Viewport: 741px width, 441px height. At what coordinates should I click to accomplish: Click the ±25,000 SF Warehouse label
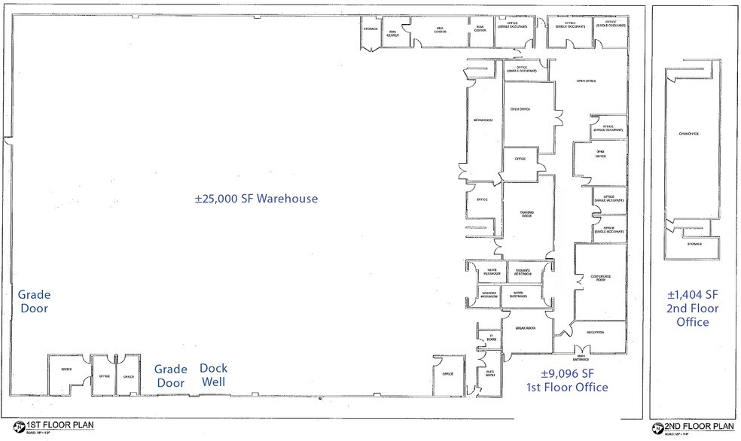(256, 199)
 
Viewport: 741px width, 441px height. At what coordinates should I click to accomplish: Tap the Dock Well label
(213, 375)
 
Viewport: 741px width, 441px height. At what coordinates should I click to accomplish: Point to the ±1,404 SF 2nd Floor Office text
(693, 308)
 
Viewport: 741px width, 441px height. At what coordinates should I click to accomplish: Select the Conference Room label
(601, 278)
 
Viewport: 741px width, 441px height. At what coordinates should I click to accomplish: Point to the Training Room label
(526, 215)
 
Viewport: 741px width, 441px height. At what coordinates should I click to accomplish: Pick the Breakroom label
(526, 329)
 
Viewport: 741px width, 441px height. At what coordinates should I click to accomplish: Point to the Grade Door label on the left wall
(34, 302)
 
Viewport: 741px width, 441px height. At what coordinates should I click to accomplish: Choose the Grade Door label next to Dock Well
(170, 376)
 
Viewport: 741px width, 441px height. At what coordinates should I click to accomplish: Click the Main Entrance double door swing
(581, 348)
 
